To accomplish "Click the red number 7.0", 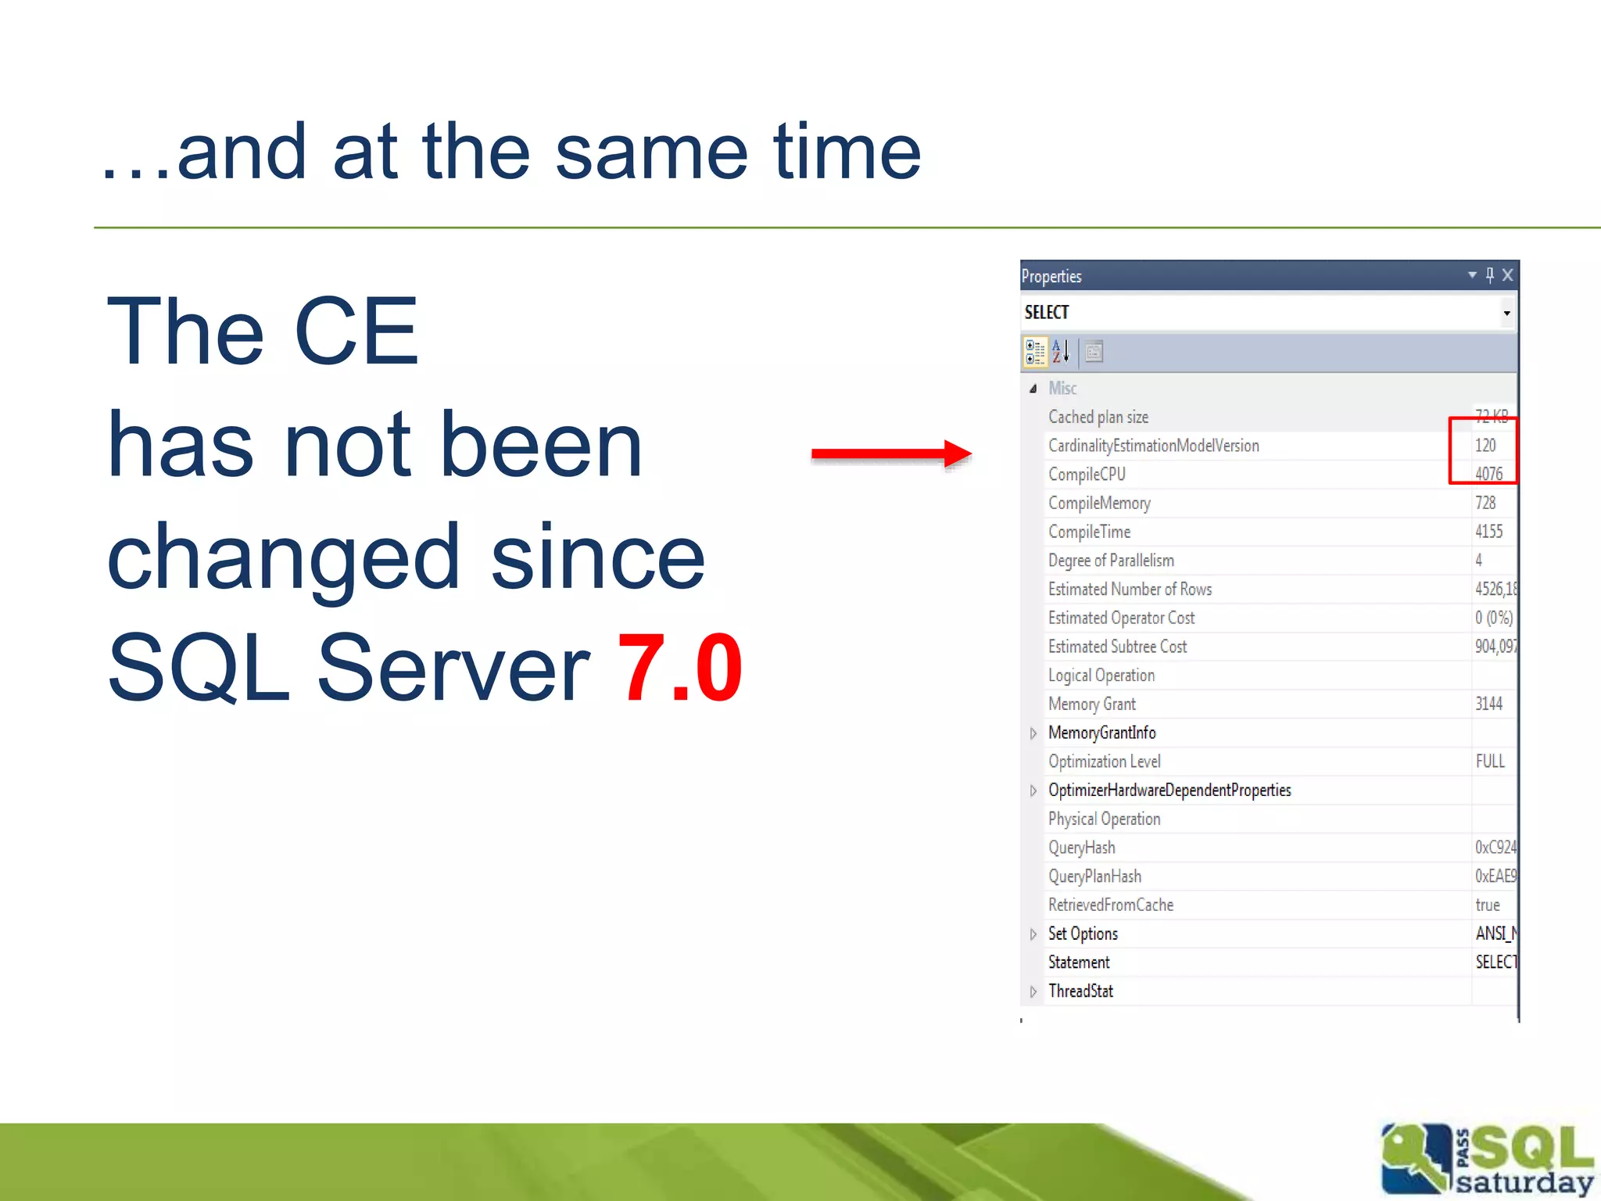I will point(679,669).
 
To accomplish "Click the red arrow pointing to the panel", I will point(891,454).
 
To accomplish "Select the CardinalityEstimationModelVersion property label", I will point(1153,446).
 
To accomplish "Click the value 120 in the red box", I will point(1485,446).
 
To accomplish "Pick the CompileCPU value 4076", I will point(1488,474).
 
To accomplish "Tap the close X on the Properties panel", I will point(1508,275).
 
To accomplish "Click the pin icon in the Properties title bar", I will point(1490,275).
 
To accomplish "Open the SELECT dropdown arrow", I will point(1506,314).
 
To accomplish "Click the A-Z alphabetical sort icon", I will point(1060,352).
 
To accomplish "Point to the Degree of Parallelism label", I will point(1111,561).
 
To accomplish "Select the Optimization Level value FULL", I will point(1490,762).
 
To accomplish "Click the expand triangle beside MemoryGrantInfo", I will point(1033,733).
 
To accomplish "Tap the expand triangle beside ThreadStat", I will point(1033,992).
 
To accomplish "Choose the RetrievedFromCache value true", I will point(1488,905).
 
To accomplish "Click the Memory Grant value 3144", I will point(1488,704).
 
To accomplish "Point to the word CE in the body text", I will point(356,332).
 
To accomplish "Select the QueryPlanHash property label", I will point(1094,877).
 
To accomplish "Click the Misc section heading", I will point(1062,389).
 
